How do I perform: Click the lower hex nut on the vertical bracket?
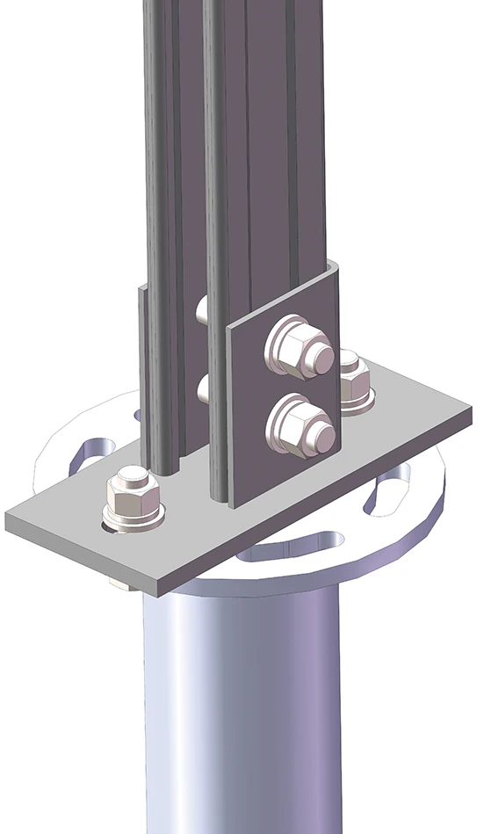pyautogui.click(x=301, y=428)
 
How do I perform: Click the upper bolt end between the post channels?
pyautogui.click(x=200, y=309)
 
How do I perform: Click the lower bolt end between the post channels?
pyautogui.click(x=201, y=388)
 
